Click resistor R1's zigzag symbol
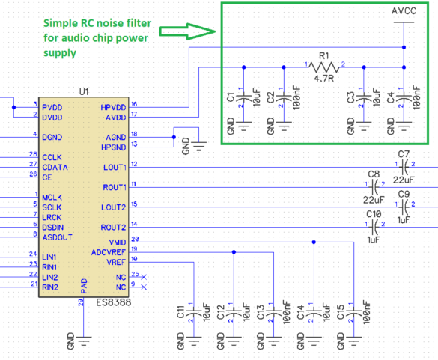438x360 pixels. pos(324,67)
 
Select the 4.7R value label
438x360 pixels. pos(323,79)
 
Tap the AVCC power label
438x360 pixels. pos(404,11)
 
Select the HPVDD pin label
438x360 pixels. pos(114,107)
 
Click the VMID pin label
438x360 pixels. pos(116,242)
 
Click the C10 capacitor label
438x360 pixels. pos(374,213)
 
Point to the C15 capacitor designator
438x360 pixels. pos(341,314)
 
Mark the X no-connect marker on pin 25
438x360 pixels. pos(144,277)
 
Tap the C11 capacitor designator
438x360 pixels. pos(180,314)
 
